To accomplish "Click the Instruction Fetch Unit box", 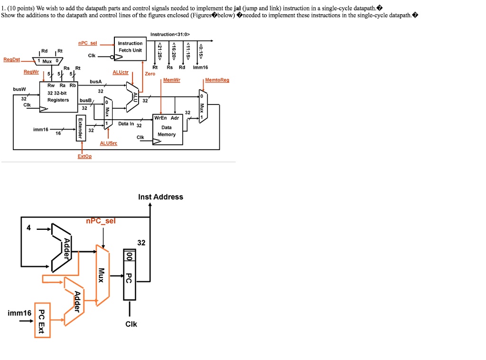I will tap(130, 47).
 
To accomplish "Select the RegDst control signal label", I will tap(11, 60).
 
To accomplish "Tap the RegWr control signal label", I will tap(31, 72).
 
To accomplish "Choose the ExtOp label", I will tap(84, 156).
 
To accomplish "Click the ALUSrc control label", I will tap(108, 143).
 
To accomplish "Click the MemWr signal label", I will tap(171, 80).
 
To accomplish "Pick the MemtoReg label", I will tap(217, 80).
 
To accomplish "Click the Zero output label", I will tap(150, 74).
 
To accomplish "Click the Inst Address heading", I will tap(160, 197).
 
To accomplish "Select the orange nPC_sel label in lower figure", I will tap(100, 221).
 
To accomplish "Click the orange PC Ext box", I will tap(42, 320).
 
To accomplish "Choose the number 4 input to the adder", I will tap(28, 228).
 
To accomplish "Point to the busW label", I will tap(19, 89).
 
